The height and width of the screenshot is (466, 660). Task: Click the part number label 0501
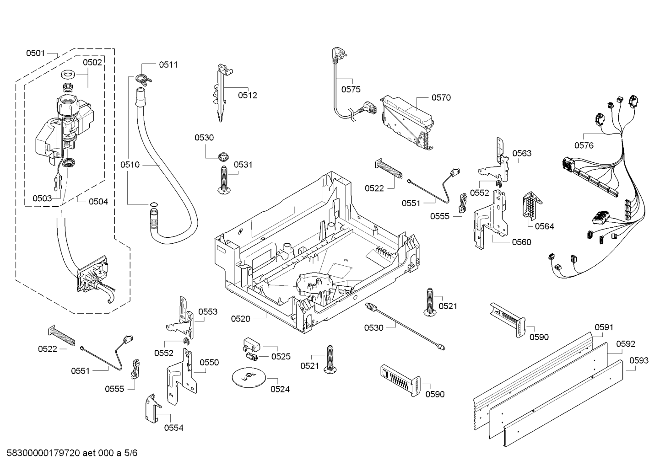tap(35, 53)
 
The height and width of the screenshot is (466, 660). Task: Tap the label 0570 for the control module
tap(441, 97)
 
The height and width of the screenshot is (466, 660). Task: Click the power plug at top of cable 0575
tap(337, 56)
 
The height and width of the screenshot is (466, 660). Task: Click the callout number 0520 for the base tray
tap(240, 319)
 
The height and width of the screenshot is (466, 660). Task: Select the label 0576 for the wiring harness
tap(584, 145)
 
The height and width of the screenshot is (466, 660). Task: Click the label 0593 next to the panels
tap(638, 360)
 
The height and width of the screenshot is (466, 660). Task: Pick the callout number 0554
tap(173, 428)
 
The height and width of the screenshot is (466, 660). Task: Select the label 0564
tap(544, 226)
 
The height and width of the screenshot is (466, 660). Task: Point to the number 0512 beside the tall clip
tap(247, 95)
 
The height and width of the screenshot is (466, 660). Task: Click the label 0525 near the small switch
tap(281, 356)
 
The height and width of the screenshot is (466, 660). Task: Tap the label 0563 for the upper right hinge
tap(522, 153)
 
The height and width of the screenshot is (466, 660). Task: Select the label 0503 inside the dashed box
tap(42, 198)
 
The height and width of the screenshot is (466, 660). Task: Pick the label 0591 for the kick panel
tap(604, 327)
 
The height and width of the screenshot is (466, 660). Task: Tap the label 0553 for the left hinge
tap(208, 311)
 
